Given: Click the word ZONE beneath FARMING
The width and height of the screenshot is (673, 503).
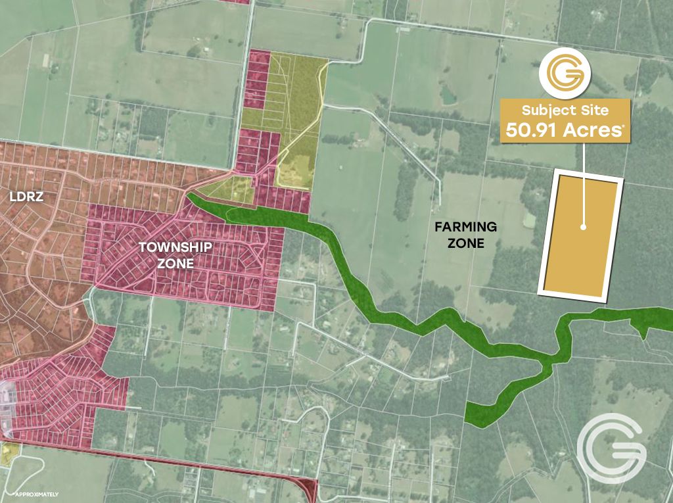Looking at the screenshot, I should (469, 243).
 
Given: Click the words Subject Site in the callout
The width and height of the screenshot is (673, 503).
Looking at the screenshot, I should (566, 110).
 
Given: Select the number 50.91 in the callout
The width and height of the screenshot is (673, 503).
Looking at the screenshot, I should (531, 130).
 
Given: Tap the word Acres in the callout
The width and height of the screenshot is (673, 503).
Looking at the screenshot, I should (588, 130).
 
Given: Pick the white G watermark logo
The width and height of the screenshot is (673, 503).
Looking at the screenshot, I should (611, 449).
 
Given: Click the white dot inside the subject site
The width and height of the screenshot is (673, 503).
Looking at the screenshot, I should (583, 228).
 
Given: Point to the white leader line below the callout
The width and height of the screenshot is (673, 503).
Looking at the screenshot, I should (583, 158).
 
